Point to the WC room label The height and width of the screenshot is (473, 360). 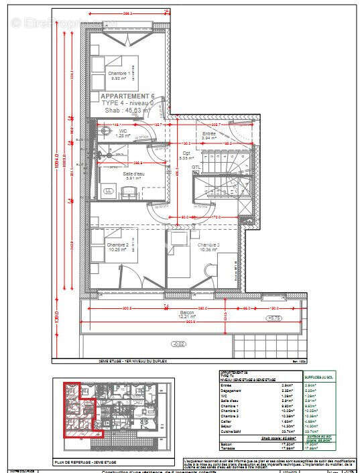tap(123, 131)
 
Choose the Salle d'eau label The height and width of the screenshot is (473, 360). tap(133, 175)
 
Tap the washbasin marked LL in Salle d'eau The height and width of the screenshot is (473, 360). tap(109, 192)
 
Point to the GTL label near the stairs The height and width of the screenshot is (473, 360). tap(196, 167)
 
